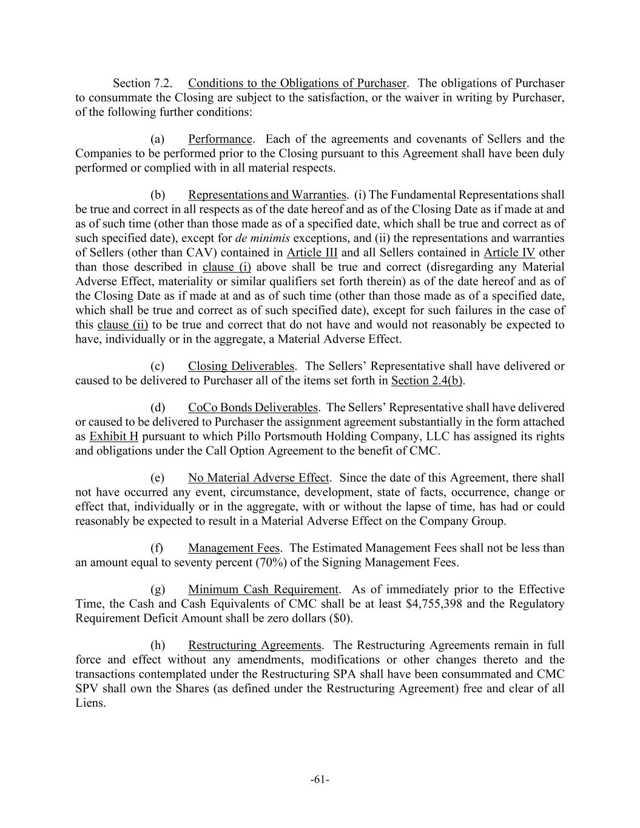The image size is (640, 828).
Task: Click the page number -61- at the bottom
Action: [x=320, y=779]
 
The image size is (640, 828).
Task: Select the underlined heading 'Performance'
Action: [x=220, y=139]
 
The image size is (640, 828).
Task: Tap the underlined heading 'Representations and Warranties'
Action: [x=266, y=195]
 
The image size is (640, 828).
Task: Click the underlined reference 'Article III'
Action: [x=312, y=252]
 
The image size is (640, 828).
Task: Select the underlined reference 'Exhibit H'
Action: [x=114, y=436]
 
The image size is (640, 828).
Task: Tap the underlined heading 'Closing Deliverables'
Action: [x=241, y=366]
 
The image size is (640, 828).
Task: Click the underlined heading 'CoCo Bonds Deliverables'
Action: [x=252, y=407]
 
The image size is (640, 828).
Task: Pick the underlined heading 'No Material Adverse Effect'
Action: [x=258, y=477]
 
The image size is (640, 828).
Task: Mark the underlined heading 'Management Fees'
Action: [x=234, y=548]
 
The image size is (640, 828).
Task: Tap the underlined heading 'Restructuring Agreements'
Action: [x=254, y=645]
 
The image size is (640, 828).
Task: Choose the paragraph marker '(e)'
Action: [x=157, y=477]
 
